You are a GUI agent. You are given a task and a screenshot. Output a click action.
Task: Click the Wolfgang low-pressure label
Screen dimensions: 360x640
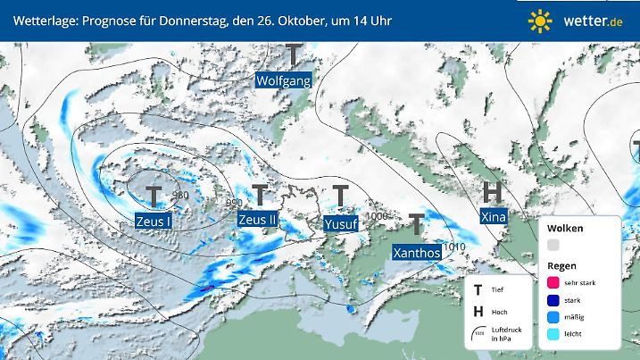click(x=283, y=80)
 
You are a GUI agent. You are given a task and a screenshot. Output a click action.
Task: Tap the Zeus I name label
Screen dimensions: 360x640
click(x=154, y=220)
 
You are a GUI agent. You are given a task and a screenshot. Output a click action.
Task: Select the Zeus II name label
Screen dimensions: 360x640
click(x=259, y=219)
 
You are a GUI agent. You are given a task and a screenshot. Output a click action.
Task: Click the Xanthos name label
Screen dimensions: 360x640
click(x=417, y=252)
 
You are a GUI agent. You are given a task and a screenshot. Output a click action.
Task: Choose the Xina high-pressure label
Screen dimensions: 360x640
click(x=492, y=217)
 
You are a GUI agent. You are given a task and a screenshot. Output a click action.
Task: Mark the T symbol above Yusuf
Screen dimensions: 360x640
click(x=341, y=195)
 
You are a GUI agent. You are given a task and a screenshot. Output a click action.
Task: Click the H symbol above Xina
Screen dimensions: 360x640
click(x=492, y=191)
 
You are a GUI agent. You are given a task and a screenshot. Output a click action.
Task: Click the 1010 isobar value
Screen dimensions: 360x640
click(x=454, y=247)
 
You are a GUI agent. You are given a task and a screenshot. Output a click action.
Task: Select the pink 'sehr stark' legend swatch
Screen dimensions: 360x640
click(x=553, y=282)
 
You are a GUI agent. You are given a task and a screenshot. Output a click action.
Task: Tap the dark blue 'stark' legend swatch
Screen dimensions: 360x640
click(x=553, y=299)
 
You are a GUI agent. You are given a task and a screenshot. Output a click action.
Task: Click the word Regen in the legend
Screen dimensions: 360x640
click(x=561, y=265)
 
